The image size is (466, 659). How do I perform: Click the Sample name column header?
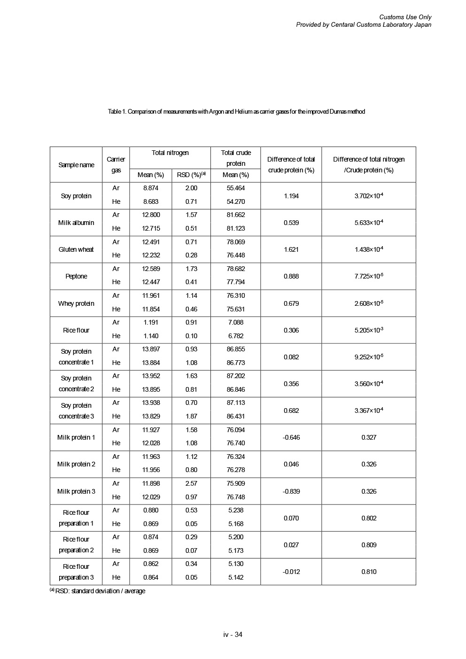76,165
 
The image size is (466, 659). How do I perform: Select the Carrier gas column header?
116,165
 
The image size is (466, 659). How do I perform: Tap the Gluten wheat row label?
76,249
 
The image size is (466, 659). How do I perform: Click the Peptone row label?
76,276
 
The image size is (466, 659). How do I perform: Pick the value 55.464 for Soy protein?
236,188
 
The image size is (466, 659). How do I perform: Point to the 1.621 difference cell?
291,249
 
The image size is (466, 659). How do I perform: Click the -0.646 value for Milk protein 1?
291,437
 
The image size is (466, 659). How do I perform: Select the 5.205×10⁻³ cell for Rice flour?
369,330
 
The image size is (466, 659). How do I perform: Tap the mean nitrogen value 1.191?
150,322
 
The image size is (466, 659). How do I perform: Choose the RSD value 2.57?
191,483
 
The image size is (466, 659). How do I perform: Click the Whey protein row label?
76,303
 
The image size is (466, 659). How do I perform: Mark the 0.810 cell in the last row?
369,572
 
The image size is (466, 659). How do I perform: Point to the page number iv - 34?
233,635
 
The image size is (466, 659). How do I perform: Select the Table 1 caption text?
236,112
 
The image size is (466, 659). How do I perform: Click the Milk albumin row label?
76,223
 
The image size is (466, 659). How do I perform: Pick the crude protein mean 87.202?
236,376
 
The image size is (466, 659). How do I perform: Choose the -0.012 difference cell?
291,572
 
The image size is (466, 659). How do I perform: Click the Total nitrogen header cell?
170,153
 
